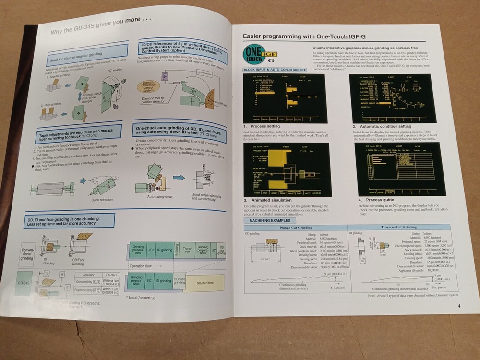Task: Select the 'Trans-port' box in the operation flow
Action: point(188,250)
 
